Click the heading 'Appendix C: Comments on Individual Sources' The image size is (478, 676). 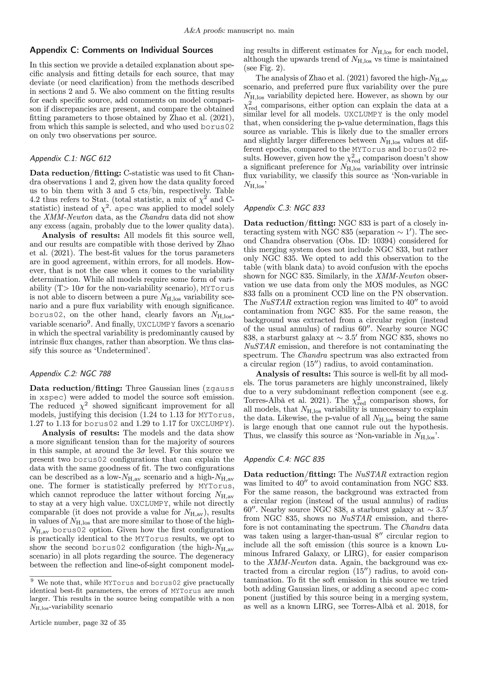[x=121, y=50]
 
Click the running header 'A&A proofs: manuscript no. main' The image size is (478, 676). [x=239, y=31]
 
